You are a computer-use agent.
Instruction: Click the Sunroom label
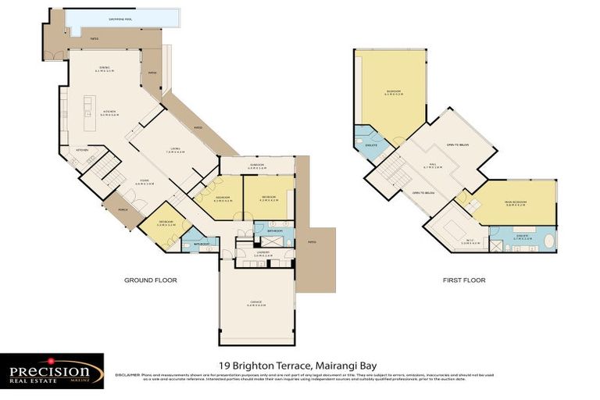257,166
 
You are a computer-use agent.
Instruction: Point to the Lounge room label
175,152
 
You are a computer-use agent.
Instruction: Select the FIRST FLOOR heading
463,280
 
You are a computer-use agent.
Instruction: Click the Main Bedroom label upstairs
516,202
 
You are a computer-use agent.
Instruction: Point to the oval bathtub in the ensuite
548,239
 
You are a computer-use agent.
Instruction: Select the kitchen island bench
90,105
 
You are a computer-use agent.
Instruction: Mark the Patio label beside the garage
312,241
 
